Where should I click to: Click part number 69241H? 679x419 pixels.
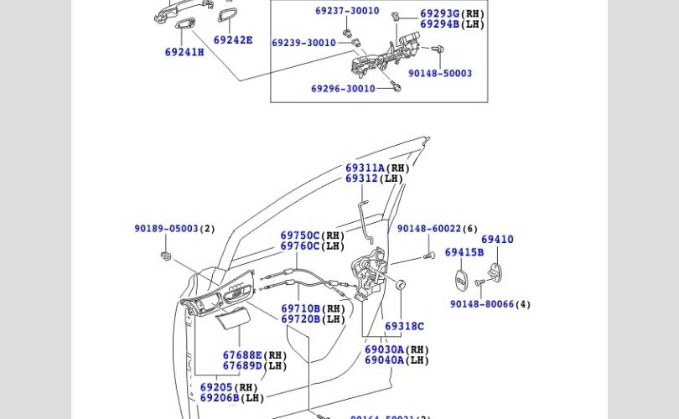point(184,52)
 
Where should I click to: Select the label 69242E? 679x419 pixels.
point(233,39)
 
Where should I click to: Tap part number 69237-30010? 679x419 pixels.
point(347,11)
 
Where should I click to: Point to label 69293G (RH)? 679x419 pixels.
point(452,14)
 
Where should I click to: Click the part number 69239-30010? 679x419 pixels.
point(303,43)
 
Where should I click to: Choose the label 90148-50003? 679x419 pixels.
point(440,73)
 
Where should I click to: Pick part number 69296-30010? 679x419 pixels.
point(343,89)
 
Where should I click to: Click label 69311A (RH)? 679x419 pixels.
point(377,168)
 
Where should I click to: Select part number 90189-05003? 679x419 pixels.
point(167,229)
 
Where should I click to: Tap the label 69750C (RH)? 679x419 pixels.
point(313,236)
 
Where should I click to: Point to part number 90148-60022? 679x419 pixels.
point(429,229)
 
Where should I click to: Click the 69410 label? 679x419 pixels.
point(497,240)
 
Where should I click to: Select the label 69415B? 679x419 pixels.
point(464,252)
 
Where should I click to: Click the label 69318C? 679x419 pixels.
point(405,326)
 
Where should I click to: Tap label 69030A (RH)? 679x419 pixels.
point(397,349)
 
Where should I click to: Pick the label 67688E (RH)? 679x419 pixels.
point(255,355)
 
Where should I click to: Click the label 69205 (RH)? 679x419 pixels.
point(229,388)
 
